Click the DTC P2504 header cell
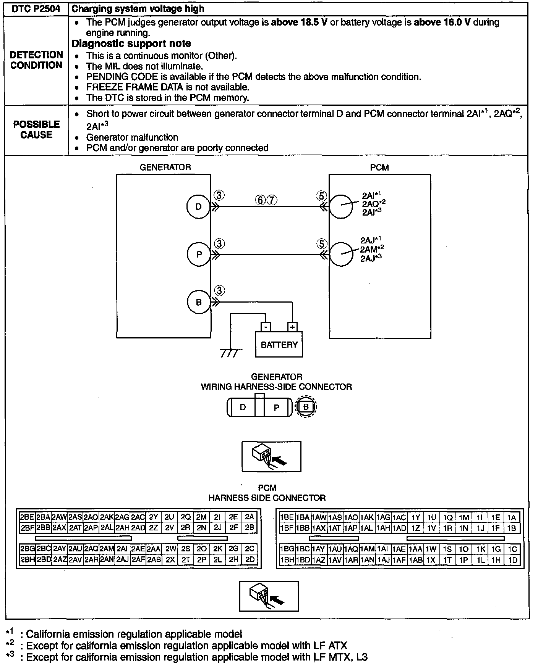pos(36,9)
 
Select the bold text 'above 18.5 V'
pos(299,22)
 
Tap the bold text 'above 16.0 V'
pos(442,22)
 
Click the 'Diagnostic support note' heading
pos(131,43)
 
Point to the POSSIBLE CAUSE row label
pos(36,130)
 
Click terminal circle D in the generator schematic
pos(198,207)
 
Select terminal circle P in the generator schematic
pos(199,254)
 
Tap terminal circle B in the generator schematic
pos(199,302)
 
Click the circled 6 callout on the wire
pos(261,200)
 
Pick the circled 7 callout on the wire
pos(272,200)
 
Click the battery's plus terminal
pos(292,327)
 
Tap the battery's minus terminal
pos(266,327)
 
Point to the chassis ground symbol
pos(231,354)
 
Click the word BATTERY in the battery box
pos(279,345)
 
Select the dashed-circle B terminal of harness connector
pos(306,407)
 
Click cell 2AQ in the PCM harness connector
pos(91,549)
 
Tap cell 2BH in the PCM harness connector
pos(28,559)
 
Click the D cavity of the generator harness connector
pos(243,408)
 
